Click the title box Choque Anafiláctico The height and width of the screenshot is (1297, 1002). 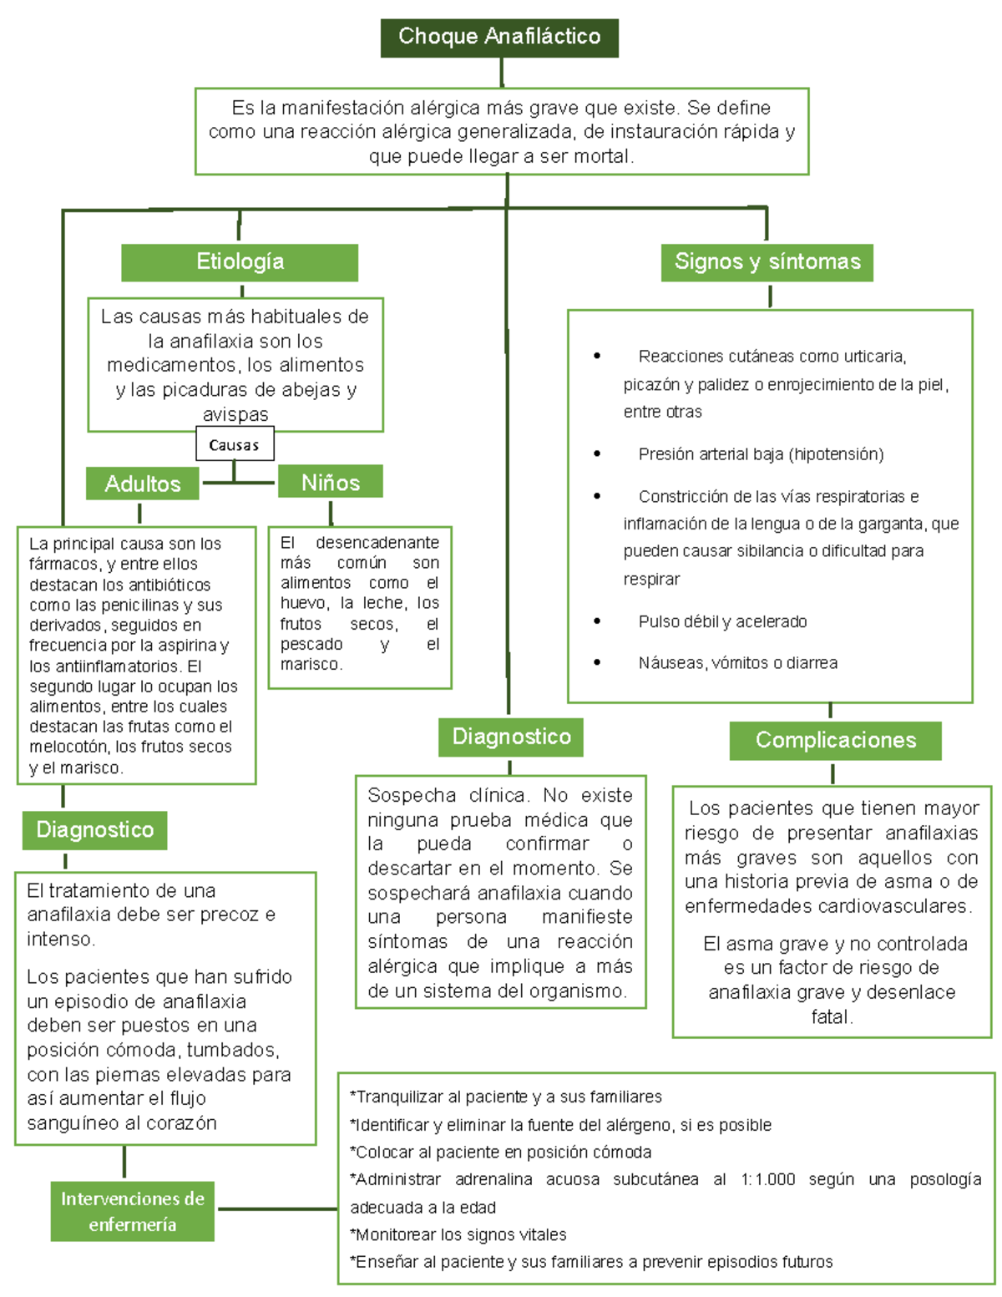[x=499, y=38]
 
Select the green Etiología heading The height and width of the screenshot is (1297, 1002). [x=240, y=262]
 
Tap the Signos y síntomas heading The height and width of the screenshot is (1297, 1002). [x=767, y=262]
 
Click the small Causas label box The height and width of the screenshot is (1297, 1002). [x=235, y=445]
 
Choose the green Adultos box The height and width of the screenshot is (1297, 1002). [x=143, y=484]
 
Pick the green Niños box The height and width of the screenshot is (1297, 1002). [x=331, y=482]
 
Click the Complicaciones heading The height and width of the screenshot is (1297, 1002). [x=835, y=740]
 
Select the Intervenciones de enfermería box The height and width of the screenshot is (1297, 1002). [x=132, y=1211]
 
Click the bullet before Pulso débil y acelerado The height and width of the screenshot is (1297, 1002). [x=597, y=621]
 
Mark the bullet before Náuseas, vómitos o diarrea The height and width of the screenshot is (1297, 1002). [x=597, y=662]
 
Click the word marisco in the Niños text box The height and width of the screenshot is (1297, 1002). [x=311, y=665]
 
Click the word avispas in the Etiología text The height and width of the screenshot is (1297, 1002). [x=235, y=414]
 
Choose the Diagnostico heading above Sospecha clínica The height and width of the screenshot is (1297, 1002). [x=511, y=737]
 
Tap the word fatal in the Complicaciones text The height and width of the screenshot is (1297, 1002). [x=831, y=1017]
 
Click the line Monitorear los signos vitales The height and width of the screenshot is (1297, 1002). [x=460, y=1234]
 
